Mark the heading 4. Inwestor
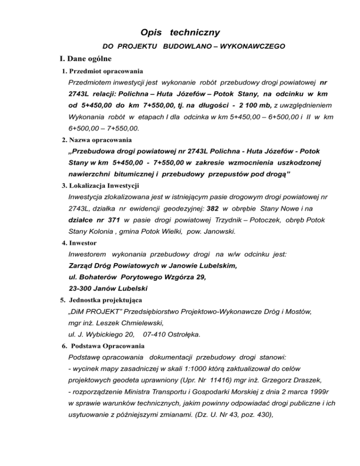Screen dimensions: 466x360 click(x=79, y=243)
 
